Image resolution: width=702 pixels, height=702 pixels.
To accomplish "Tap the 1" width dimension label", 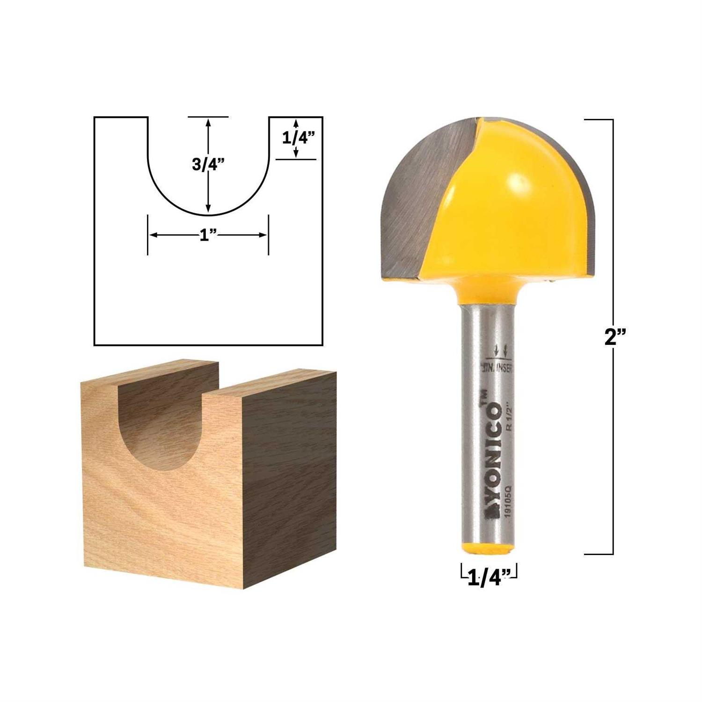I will point(204,236).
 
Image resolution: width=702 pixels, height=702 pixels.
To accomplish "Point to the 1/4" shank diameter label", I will point(488,579).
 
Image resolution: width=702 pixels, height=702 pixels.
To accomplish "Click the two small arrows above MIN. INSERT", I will point(500,350).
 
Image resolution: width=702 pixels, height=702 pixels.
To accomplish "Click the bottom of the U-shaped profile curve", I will point(208,216).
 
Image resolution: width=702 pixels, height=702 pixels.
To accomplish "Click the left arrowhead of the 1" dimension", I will point(153,235).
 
